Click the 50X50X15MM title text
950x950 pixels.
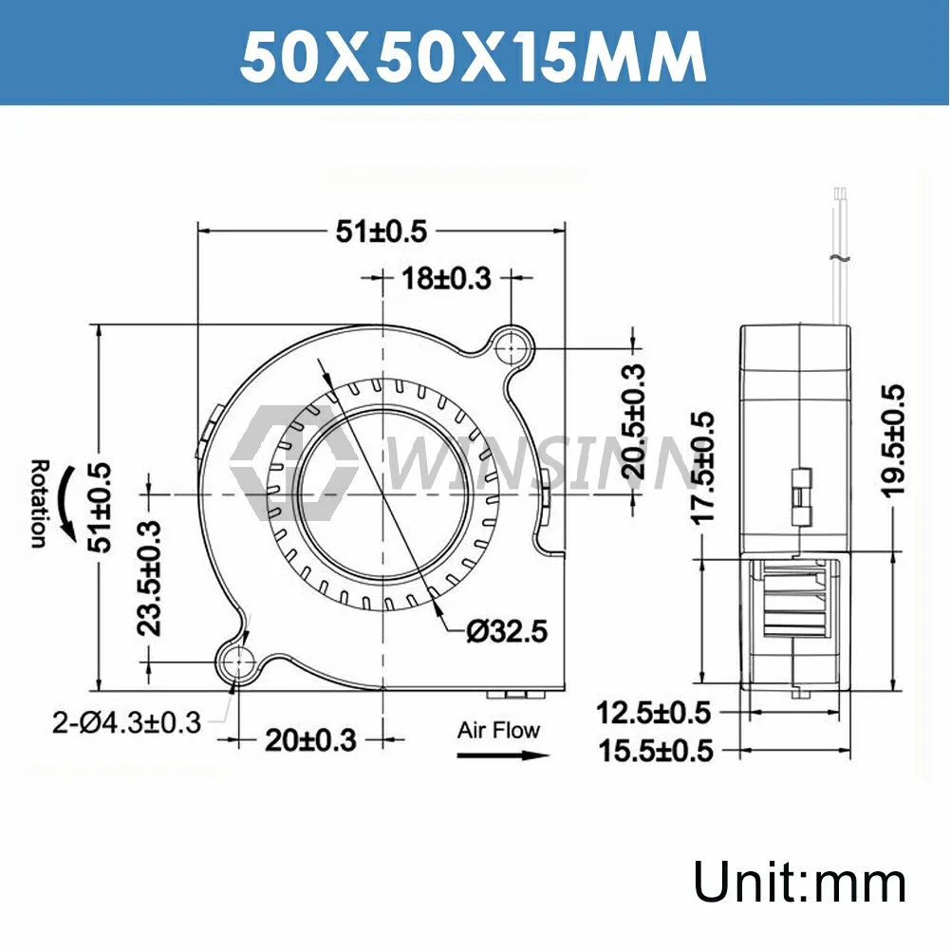click(x=473, y=59)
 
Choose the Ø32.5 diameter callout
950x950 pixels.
click(x=508, y=631)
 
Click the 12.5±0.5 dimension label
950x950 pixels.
click(x=655, y=711)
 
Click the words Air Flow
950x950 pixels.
click(x=498, y=730)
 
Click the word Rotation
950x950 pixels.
click(x=38, y=504)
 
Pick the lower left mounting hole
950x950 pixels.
click(x=236, y=662)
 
